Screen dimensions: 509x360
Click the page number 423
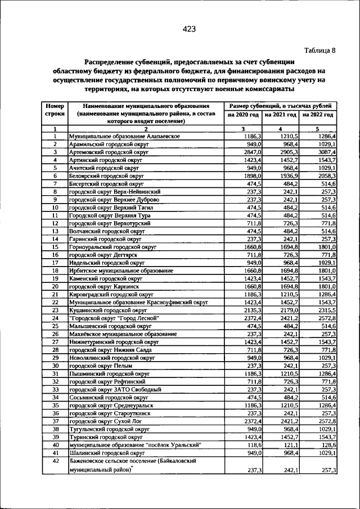coord(188,30)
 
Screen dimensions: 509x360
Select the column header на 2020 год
coord(243,114)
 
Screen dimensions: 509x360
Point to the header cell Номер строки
coord(55,110)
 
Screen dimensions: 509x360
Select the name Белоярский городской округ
coord(105,175)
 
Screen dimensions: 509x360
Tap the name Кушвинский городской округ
coord(105,310)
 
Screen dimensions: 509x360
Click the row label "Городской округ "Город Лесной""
coord(114,318)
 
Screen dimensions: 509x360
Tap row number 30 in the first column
coord(55,365)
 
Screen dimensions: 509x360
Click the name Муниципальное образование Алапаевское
coord(124,136)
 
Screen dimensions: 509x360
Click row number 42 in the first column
coord(55,461)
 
